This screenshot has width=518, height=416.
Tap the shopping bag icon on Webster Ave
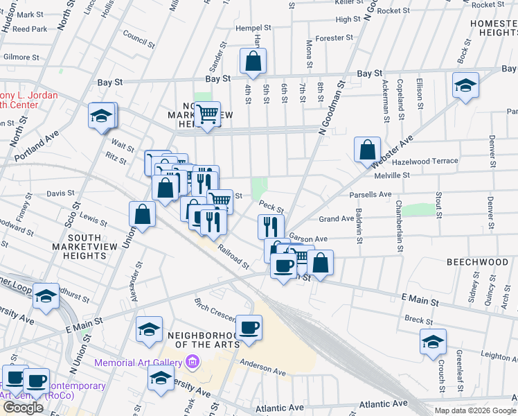(367, 149)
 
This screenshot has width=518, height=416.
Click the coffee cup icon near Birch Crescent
(249, 327)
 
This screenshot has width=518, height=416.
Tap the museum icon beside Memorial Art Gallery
(193, 363)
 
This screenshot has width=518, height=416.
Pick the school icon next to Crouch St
(433, 341)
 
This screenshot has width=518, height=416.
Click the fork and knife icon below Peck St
(271, 226)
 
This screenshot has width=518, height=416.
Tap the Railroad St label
(233, 256)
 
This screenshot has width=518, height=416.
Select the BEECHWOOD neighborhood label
(477, 262)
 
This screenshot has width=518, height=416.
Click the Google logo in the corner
(23, 408)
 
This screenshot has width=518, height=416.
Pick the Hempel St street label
(256, 28)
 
